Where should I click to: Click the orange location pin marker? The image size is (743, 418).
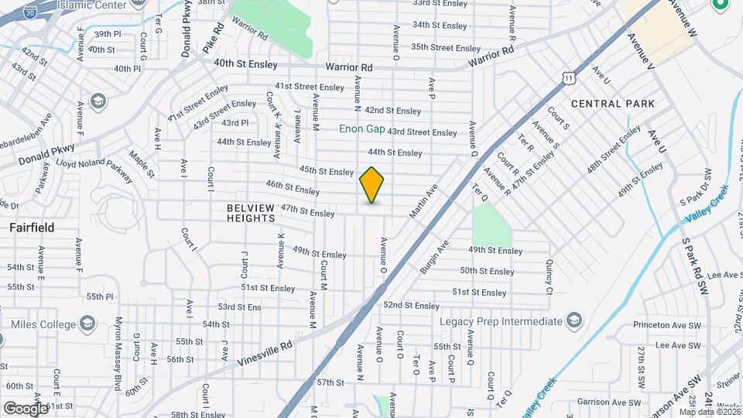[x=371, y=185]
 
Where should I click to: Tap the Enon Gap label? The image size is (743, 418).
[x=361, y=128]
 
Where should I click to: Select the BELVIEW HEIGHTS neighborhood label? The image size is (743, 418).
[x=251, y=213]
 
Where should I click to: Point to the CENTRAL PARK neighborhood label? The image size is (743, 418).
[x=613, y=104]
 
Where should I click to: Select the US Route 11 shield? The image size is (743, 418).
[x=569, y=77]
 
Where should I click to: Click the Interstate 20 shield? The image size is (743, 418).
[x=30, y=12]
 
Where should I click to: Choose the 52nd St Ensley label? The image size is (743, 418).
[x=411, y=306]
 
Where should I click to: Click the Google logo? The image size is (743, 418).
[x=26, y=408]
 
